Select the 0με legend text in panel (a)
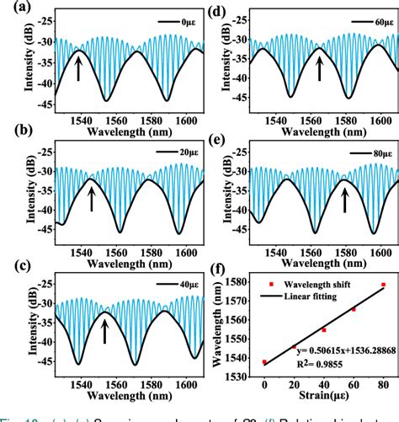click(176, 19)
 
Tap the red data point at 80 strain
click(384, 285)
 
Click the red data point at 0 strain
click(264, 362)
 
